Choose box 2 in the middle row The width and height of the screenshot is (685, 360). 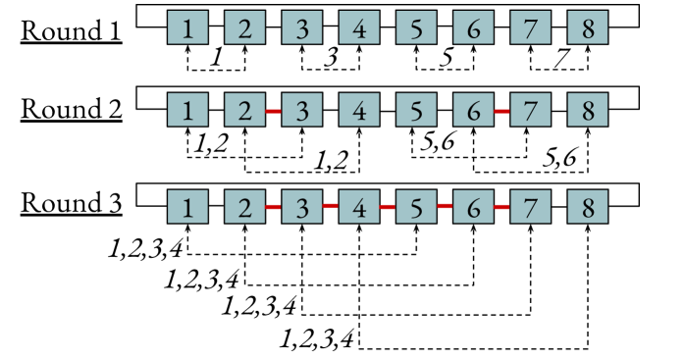click(244, 110)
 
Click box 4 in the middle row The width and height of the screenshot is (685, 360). click(359, 110)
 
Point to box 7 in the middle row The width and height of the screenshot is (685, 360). click(530, 110)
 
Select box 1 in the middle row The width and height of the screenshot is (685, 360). click(187, 110)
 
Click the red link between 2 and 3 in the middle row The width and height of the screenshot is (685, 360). click(274, 111)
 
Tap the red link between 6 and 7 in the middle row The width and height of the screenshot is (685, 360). click(501, 111)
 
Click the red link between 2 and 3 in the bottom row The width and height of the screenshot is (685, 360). click(274, 207)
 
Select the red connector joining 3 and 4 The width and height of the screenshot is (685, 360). click(331, 206)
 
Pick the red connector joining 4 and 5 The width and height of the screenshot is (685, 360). click(388, 207)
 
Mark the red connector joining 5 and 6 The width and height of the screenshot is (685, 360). click(445, 206)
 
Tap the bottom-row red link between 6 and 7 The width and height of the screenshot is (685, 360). click(501, 207)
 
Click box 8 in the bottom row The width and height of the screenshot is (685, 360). click(588, 207)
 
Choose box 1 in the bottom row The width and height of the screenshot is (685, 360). click(187, 207)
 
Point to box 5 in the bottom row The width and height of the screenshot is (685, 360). click(416, 207)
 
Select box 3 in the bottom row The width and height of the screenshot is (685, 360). click(302, 207)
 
